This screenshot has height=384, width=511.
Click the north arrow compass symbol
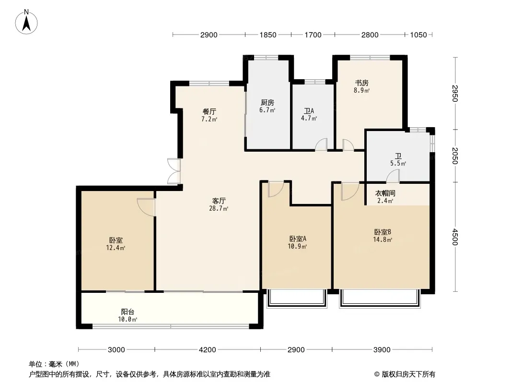(x=26, y=22)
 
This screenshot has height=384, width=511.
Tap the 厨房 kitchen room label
(x=267, y=103)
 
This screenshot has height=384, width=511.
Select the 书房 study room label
(x=362, y=83)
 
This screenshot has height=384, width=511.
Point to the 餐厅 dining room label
(x=209, y=112)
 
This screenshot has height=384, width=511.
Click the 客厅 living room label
(x=219, y=201)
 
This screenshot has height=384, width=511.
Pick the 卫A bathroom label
(x=309, y=111)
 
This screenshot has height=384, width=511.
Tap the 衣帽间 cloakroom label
(x=385, y=193)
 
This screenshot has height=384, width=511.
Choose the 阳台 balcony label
(x=128, y=312)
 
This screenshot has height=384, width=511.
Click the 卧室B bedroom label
(x=383, y=232)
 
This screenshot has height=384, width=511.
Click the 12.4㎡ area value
(x=116, y=248)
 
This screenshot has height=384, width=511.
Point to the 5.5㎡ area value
(x=398, y=164)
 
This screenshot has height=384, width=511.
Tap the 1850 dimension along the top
(x=268, y=35)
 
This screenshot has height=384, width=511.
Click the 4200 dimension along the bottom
(x=207, y=350)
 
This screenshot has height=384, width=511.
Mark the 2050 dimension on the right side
(x=455, y=156)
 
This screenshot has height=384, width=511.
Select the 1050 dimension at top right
(x=418, y=35)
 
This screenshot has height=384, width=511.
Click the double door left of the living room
(x=174, y=171)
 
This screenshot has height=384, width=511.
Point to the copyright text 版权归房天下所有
(x=408, y=374)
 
